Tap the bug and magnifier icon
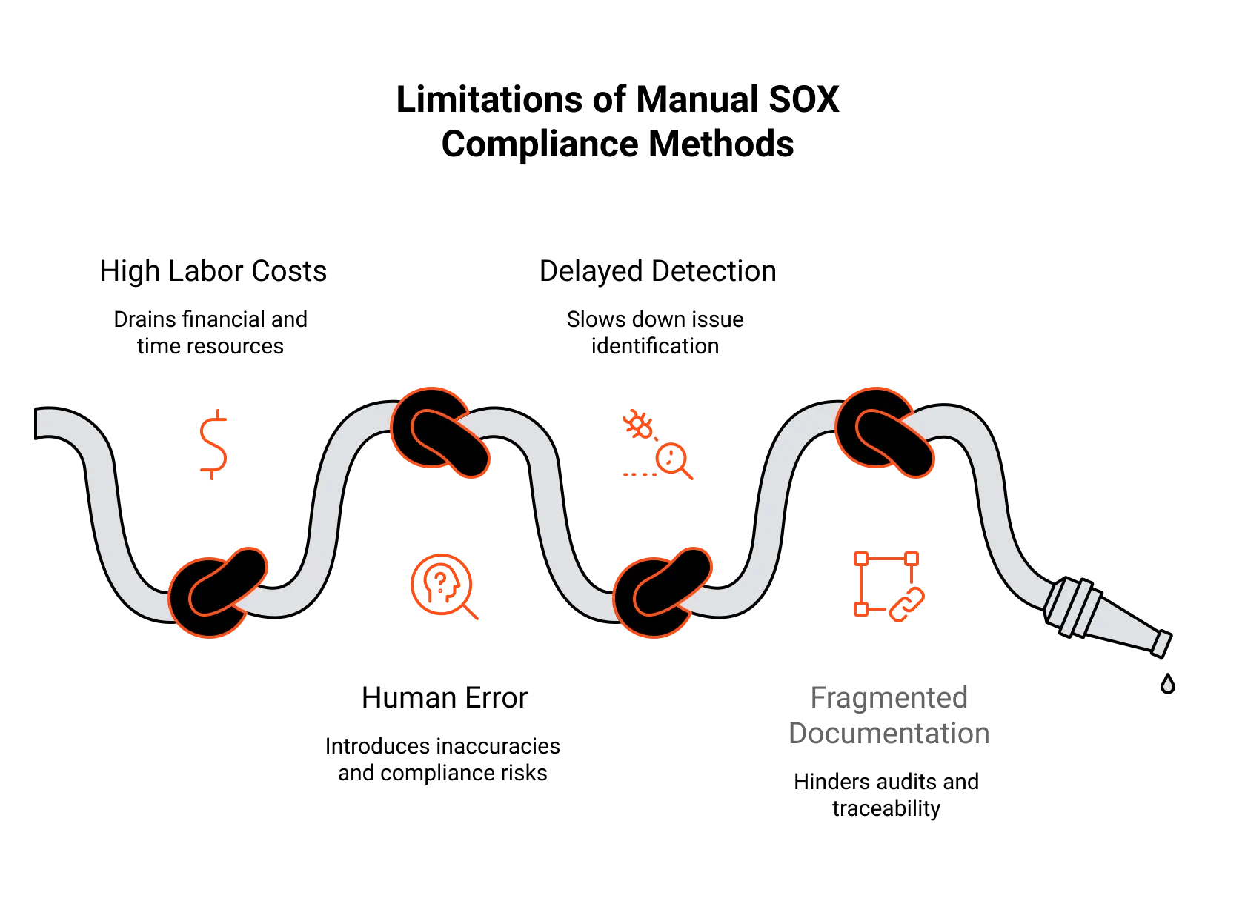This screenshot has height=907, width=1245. pos(658,445)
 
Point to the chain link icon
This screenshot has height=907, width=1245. pos(907,605)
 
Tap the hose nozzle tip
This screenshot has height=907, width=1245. pos(1162,645)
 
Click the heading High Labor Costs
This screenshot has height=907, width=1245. pos(213,272)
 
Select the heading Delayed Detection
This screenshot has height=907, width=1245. pos(658,272)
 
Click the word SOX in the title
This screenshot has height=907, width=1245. pos(803,100)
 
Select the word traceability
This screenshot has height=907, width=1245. pos(886,809)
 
